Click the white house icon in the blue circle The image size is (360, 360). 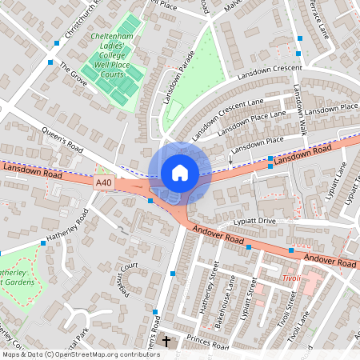click(180, 172)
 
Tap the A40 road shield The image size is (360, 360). click(104, 183)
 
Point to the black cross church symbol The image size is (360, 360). click(166, 342)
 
